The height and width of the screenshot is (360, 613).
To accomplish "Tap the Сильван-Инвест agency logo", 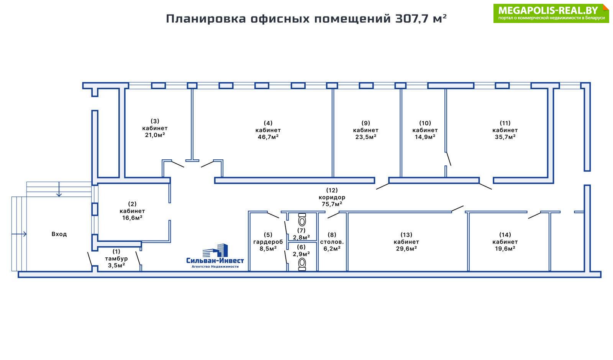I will tap(215, 256).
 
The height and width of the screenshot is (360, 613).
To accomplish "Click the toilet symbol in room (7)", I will tap(302, 220).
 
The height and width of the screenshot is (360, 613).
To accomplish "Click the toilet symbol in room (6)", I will tap(302, 264).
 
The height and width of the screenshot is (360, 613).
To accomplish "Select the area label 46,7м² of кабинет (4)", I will tap(268, 137).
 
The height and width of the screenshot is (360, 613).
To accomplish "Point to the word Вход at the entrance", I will tap(59, 234).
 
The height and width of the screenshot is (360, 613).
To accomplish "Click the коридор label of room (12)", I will tap(332, 197).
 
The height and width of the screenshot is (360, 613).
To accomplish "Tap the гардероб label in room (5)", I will tap(268, 242).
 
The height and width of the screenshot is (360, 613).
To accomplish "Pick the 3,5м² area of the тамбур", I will tap(116, 265).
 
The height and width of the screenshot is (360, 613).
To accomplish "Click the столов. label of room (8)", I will tap(332, 242).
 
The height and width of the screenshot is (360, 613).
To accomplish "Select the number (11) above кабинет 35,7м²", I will tap(505, 123).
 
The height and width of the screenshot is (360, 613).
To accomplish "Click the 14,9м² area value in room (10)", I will tap(425, 137).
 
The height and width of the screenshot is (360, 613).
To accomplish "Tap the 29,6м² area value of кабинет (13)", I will tap(406, 248).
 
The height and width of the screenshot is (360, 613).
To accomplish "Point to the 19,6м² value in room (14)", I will tap(505, 248).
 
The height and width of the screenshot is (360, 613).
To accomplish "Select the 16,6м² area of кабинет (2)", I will tap(132, 218).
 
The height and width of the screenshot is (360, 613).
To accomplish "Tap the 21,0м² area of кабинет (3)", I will tap(155, 135).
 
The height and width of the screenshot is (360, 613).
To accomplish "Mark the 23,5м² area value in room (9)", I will tap(366, 137).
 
